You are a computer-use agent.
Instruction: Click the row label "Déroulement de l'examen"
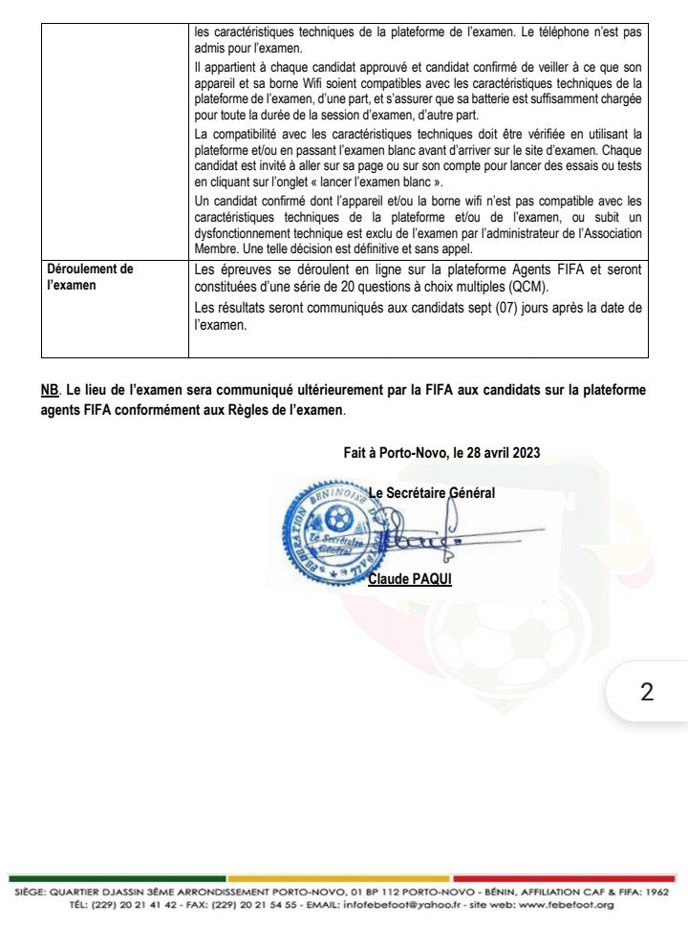pos(91,276)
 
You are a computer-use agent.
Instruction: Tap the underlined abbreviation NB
pos(50,390)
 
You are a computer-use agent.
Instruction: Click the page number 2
pos(647,692)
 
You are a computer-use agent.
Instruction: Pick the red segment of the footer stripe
pos(564,878)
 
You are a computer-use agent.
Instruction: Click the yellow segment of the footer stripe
pos(339,878)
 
